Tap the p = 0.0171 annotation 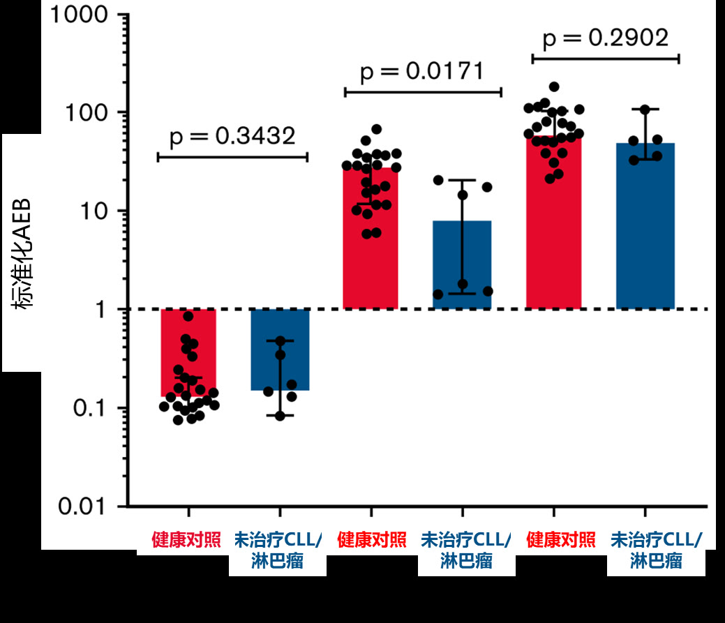(422, 71)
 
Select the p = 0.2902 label (606, 38)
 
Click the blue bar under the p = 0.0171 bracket (462, 265)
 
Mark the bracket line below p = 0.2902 (606, 59)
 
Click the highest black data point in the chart (554, 87)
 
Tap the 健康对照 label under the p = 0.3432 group (186, 540)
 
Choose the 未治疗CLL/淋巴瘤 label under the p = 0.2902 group (656, 550)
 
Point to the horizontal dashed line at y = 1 (419, 309)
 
